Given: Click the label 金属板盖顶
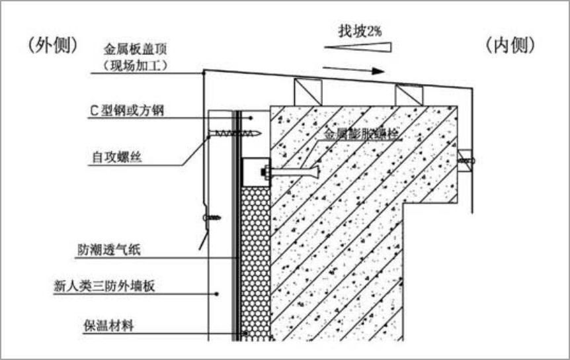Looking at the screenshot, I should (x=136, y=50).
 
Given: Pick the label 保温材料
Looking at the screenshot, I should (x=108, y=325).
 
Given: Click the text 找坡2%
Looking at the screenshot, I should (x=359, y=30).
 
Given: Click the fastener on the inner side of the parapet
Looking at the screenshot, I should (x=466, y=160).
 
